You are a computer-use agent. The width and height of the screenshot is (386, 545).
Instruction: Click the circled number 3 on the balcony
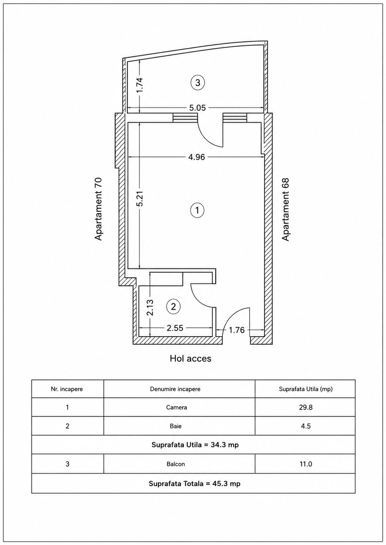coord(198,83)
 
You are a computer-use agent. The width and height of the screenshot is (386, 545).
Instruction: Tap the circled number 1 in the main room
coord(197,210)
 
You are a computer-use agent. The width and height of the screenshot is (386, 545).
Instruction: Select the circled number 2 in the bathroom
coord(173,307)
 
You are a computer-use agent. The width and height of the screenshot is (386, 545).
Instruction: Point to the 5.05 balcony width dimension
coord(198,108)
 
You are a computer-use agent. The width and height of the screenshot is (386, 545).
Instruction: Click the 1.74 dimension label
coord(140,85)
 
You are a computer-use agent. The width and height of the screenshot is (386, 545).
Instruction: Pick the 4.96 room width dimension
coord(196,157)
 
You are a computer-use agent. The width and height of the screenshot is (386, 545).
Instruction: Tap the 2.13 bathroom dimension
coord(150,307)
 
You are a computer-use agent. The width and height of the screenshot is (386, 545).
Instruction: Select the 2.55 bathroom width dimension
coord(175,328)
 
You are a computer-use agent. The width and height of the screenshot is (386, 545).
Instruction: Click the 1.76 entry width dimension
coord(236,330)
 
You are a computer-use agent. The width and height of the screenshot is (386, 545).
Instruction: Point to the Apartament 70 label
coord(98,209)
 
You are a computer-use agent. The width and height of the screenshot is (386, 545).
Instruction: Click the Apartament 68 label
coord(285,209)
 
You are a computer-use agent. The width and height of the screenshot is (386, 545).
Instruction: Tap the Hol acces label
coord(191,358)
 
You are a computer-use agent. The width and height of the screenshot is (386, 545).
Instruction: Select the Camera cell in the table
coord(177,407)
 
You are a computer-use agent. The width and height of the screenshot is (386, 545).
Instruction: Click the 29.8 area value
coord(306,407)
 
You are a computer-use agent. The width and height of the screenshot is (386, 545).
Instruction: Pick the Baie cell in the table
coord(176,426)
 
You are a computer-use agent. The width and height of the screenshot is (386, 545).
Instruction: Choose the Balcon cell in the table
coord(176,464)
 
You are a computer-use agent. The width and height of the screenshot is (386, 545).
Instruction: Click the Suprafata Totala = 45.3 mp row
coord(194,484)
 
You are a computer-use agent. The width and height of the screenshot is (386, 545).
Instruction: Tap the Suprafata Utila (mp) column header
coord(306,389)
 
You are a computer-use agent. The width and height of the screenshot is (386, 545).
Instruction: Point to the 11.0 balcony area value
coord(306,464)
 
